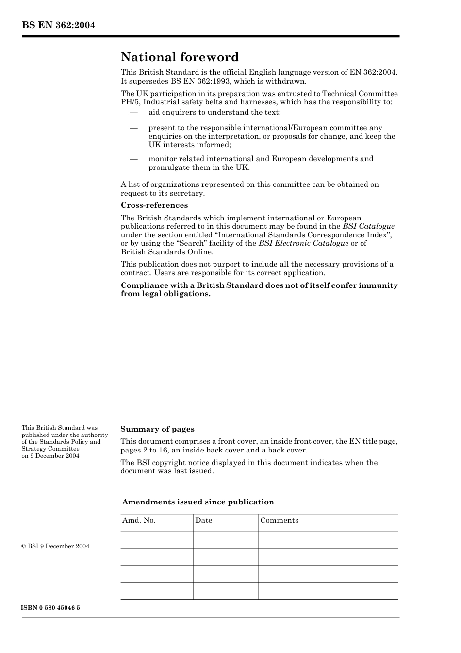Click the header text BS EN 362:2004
58,25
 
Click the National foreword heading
180,57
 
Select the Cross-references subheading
154,205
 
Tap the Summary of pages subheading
157,429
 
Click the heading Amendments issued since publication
198,502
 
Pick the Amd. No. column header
139,520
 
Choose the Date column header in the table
204,520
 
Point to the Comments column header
280,520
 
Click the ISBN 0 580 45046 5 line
50,608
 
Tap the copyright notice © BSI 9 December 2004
55,546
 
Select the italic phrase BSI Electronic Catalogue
303,243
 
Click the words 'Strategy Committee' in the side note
50,449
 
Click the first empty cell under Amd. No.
157,539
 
